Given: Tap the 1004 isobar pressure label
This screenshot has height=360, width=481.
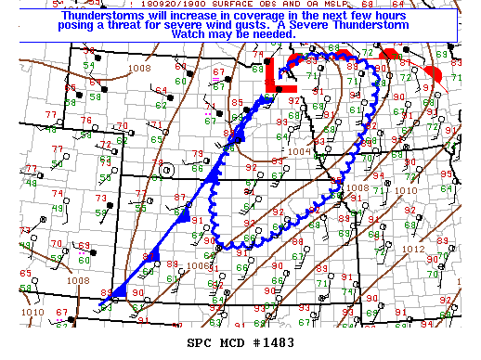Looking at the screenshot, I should tap(299, 150).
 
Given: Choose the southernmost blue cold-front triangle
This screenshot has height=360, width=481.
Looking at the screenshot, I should tap(119, 290).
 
